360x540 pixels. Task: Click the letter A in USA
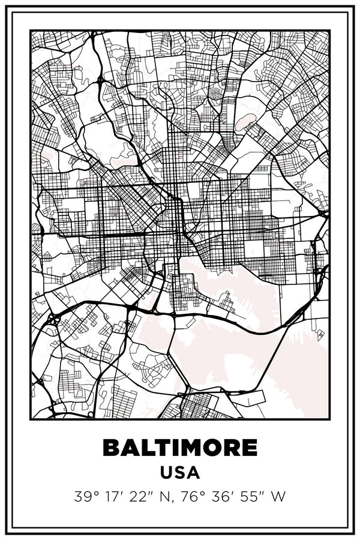tap(193, 472)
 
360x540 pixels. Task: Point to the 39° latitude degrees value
tap(85, 497)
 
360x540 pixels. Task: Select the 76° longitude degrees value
tap(192, 497)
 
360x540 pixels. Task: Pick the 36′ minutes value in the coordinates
tap(223, 497)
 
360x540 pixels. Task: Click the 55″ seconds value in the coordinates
tap(252, 497)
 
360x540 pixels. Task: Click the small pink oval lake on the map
tap(244, 122)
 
